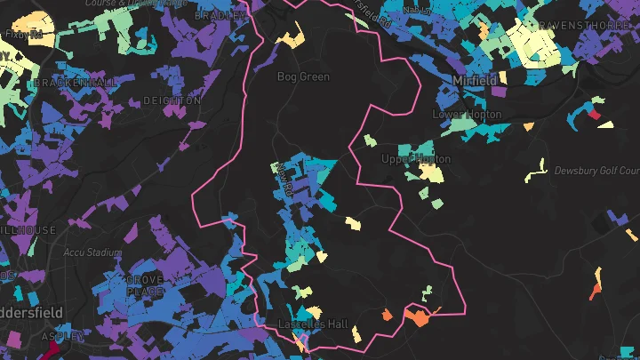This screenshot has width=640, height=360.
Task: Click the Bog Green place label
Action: point(303,77)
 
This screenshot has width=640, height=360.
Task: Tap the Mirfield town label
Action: point(475,81)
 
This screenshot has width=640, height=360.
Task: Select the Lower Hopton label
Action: point(467,115)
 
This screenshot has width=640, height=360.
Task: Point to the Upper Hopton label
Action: point(416,159)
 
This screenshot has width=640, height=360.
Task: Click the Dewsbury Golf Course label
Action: point(596,171)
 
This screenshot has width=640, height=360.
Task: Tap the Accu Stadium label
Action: point(92,252)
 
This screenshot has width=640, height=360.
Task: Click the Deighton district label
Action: point(172,100)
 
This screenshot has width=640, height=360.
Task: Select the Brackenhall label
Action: point(76,83)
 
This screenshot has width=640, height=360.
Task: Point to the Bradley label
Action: point(219,15)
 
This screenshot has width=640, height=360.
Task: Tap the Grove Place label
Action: point(145,285)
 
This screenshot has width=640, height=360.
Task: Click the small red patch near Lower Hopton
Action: point(593,114)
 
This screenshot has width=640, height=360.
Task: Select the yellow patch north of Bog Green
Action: point(291,39)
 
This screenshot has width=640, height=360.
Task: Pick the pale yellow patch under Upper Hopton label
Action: point(431,172)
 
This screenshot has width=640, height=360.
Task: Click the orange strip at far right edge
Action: point(596,285)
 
